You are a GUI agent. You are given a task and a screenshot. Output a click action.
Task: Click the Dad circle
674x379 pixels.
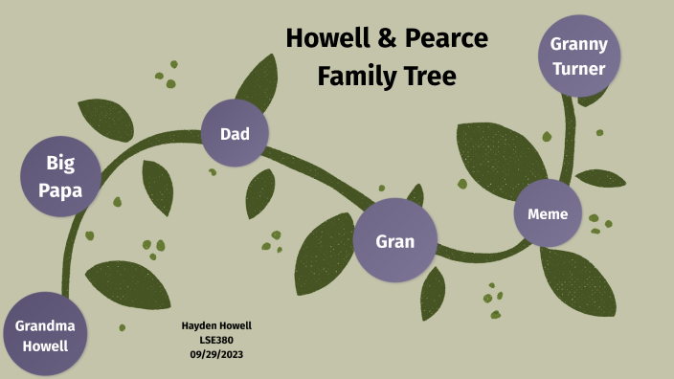click(235, 133)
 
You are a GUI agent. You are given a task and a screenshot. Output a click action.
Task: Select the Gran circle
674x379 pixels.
click(394, 240)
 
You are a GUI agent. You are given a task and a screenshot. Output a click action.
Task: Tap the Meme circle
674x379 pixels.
click(548, 213)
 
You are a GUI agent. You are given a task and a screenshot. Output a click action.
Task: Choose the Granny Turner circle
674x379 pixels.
click(579, 55)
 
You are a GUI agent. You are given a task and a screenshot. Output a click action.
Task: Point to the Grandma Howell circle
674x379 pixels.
click(45, 335)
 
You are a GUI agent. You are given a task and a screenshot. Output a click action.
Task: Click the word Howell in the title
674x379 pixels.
click(331, 39)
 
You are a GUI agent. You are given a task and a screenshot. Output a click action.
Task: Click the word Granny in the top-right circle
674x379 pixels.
click(579, 44)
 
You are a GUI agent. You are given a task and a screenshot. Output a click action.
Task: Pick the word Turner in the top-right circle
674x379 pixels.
click(579, 68)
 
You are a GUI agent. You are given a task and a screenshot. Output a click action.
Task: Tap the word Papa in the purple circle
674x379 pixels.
click(60, 190)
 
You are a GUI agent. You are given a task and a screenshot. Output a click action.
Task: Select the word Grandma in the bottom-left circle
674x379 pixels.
click(45, 325)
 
